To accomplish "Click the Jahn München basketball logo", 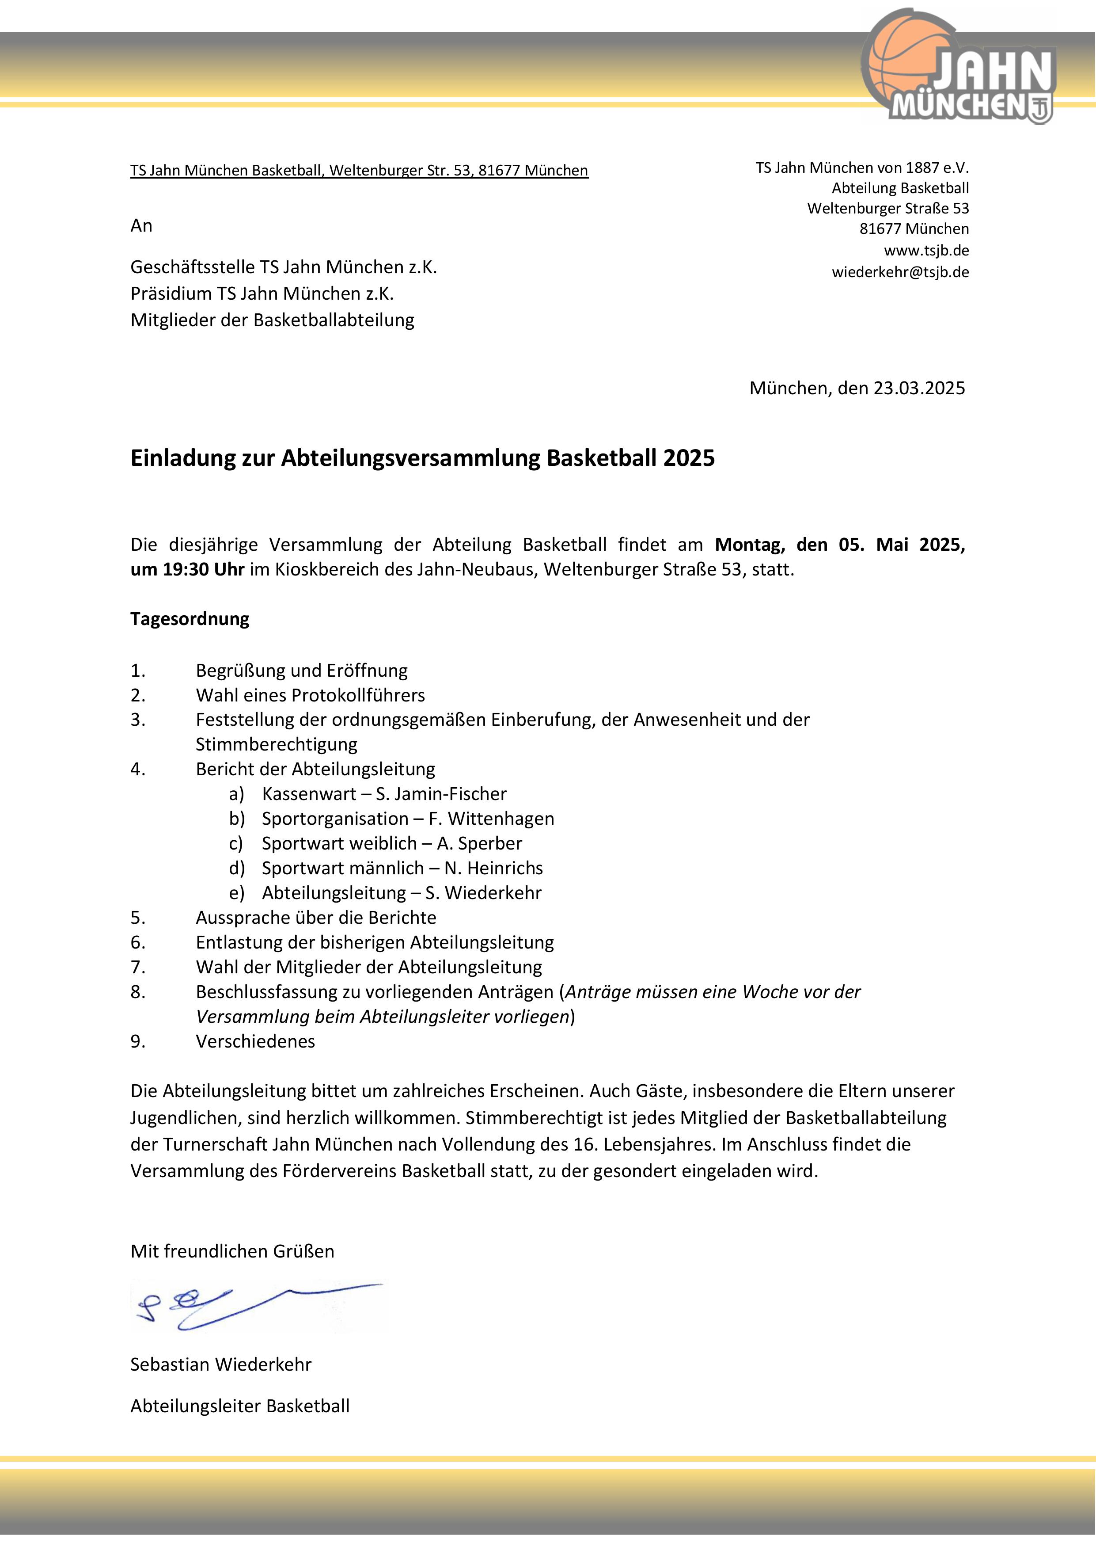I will [x=959, y=68].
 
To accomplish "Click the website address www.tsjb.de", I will [x=926, y=251].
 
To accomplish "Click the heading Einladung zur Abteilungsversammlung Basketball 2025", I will [x=422, y=458].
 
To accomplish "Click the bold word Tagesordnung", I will [x=190, y=619].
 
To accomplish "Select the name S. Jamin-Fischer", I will [x=441, y=794].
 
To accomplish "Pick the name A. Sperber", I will [x=479, y=844].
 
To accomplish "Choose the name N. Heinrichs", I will [x=493, y=868].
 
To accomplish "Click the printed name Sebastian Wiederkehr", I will [x=221, y=1364].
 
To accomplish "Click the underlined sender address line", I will [x=359, y=170].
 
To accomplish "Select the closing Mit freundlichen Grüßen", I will [x=232, y=1251].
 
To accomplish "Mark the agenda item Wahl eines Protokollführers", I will [x=310, y=695].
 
